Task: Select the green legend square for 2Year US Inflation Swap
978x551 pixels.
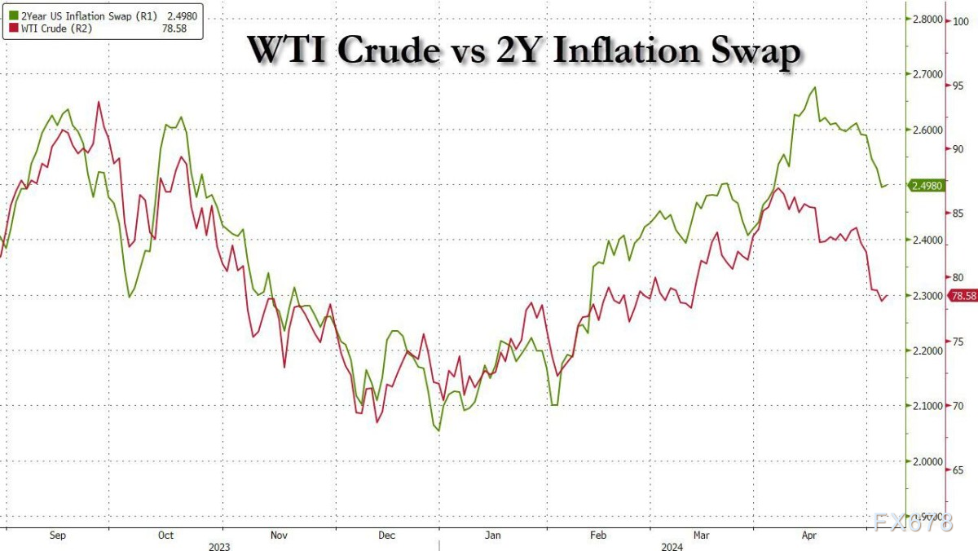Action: click(7, 15)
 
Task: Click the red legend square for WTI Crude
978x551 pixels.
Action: click(7, 28)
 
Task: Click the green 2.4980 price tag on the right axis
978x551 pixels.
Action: click(926, 186)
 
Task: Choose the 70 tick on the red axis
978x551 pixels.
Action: click(959, 405)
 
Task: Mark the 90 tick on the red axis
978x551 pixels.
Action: click(959, 149)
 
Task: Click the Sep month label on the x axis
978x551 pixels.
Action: click(57, 535)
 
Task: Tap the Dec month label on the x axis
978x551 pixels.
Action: click(386, 535)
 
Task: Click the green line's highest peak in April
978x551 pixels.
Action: click(814, 87)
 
